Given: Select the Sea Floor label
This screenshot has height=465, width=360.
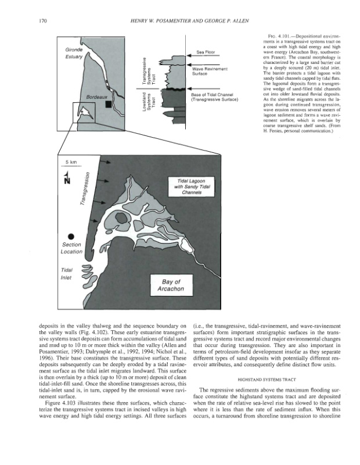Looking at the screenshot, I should pyautogui.click(x=207, y=52).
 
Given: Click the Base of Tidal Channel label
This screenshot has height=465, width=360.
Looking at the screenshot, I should pyautogui.click(x=212, y=96).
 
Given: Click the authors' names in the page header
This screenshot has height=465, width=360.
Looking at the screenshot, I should pyautogui.click(x=190, y=22).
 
